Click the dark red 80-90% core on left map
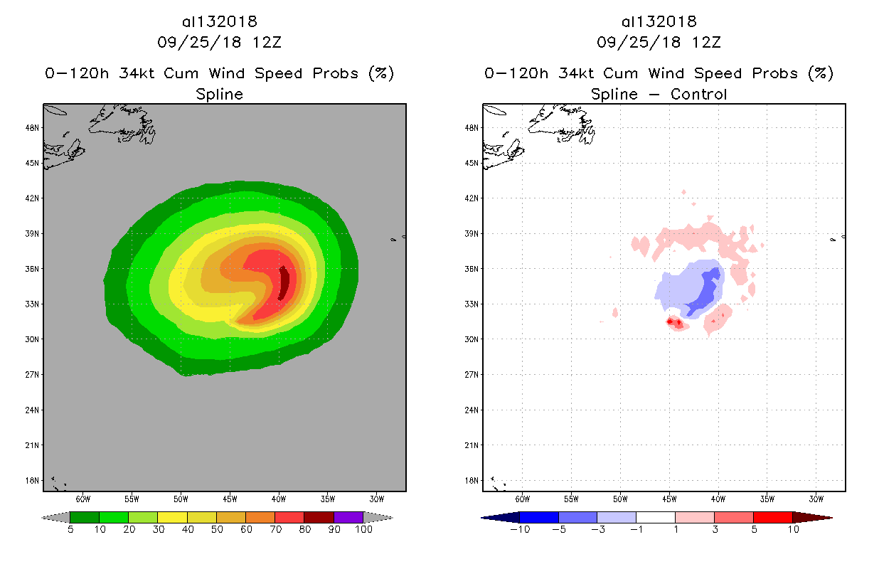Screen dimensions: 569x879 tap(284, 283)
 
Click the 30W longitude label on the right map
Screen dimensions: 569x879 tap(816, 498)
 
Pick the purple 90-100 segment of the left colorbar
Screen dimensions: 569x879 tap(348, 517)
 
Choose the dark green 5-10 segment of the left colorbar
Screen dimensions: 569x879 tap(85, 517)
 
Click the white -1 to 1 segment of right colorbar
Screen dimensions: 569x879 tap(655, 517)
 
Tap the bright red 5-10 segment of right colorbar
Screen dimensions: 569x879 tap(772, 517)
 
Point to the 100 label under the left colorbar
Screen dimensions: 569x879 tap(363, 529)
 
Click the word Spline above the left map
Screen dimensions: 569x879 tap(219, 94)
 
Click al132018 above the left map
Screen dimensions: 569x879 tap(219, 21)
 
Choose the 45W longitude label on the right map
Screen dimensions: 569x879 tap(669, 498)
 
